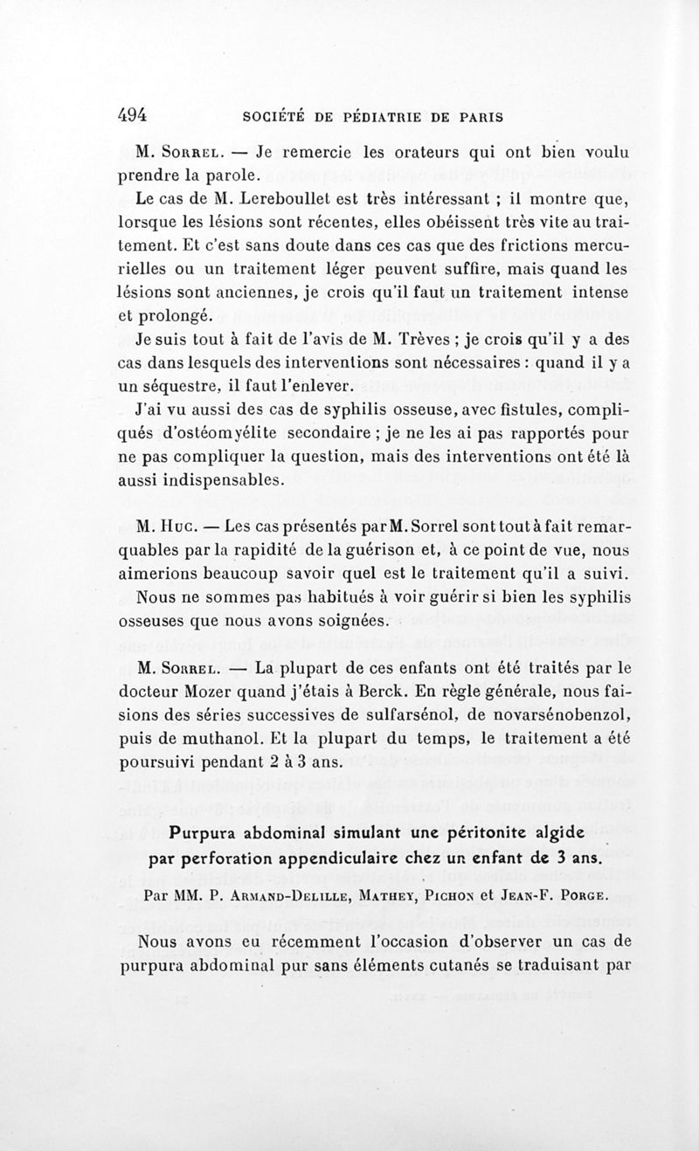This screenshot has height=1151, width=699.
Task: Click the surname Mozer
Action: coord(231,694)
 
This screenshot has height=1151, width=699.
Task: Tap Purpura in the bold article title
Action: coord(204,832)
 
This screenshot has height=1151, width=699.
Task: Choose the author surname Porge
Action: coord(573,894)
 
